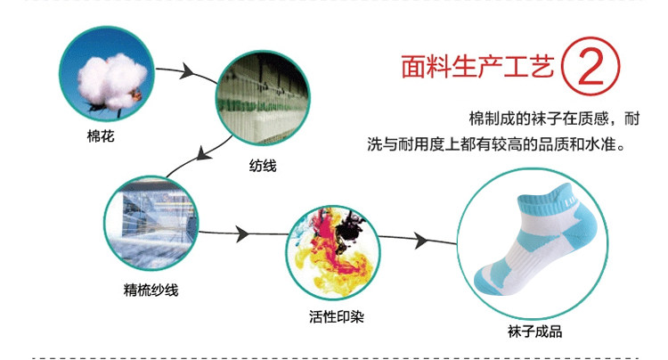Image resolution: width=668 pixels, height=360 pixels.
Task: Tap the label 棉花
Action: (x=101, y=136)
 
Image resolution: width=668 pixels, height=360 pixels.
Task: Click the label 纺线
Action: (x=263, y=165)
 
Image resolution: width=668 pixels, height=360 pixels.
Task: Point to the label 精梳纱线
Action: (x=151, y=290)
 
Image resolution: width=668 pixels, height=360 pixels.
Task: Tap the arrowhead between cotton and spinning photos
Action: (x=190, y=70)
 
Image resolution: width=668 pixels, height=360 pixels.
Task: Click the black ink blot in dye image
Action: (x=348, y=218)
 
